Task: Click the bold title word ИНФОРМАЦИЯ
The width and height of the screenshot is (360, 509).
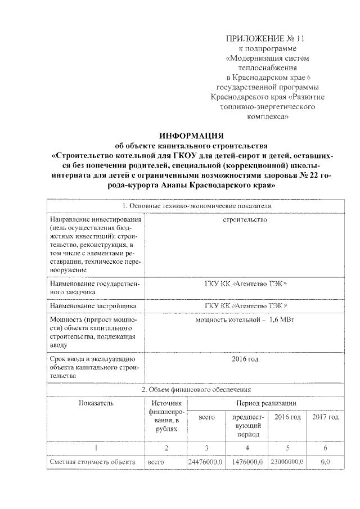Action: (x=191, y=136)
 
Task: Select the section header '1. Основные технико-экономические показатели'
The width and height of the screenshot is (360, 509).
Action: (x=192, y=206)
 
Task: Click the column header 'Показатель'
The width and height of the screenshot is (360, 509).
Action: (x=96, y=403)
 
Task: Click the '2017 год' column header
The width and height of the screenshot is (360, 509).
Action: (x=325, y=417)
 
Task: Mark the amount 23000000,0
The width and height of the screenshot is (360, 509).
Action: (x=286, y=462)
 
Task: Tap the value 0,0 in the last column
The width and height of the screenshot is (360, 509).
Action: (x=325, y=462)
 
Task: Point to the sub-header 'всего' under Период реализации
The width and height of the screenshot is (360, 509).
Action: (x=206, y=417)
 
